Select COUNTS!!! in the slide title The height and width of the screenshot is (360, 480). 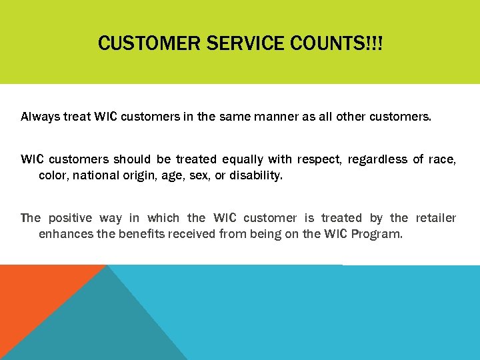pyautogui.click(x=337, y=44)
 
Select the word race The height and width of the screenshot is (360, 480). pyautogui.click(x=443, y=159)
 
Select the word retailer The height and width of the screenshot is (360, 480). pyautogui.click(x=436, y=218)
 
